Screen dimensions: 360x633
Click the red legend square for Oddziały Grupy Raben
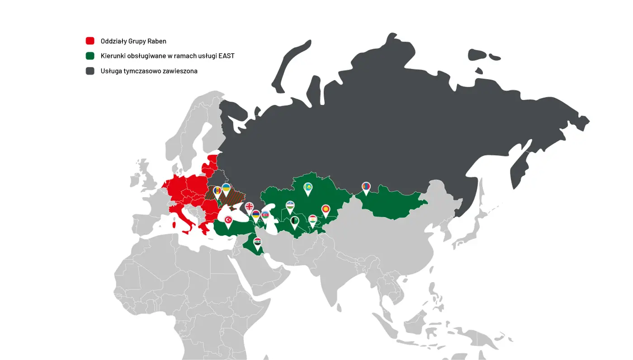click(90, 41)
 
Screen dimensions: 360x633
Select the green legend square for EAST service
click(90, 56)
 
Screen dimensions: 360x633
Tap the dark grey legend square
click(90, 71)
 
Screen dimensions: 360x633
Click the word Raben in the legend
click(156, 41)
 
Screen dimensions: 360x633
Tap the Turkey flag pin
click(229, 220)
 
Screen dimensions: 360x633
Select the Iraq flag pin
click(257, 242)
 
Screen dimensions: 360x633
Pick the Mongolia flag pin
click(366, 186)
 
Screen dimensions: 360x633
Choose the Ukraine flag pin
click(226, 188)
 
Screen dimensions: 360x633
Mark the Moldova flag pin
click(217, 190)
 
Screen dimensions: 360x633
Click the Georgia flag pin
click(249, 207)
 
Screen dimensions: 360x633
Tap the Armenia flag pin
click(256, 214)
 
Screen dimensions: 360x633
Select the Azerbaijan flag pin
click(265, 215)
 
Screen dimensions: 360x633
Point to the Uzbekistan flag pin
click(290, 206)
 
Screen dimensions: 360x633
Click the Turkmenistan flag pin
click(295, 221)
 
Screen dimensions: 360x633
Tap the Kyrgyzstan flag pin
click(326, 209)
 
